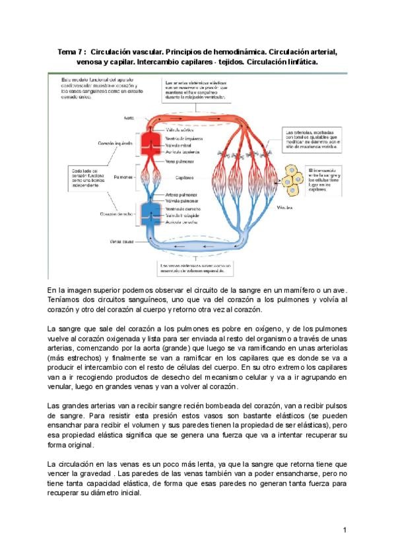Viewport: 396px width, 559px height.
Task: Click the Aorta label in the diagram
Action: (129, 119)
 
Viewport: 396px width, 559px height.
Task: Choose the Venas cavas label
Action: (121, 241)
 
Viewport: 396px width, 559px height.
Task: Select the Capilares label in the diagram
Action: (185, 177)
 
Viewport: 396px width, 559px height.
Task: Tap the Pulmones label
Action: (123, 177)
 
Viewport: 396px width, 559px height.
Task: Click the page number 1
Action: (345, 529)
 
